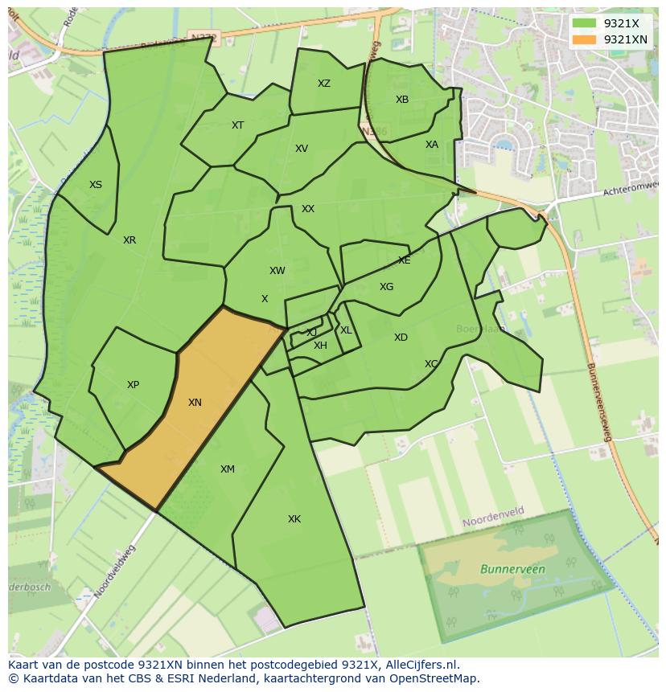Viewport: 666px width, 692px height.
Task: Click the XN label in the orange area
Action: coord(195,403)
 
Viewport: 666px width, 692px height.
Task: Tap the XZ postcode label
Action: coord(323,84)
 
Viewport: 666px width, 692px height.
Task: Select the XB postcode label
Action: coord(402,100)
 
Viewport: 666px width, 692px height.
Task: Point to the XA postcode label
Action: coord(432,145)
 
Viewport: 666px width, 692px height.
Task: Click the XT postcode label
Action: coord(237,125)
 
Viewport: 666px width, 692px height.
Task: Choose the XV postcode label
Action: coord(302,149)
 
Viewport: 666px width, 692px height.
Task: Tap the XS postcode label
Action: coord(96,185)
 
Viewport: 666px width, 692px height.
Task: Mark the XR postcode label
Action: coord(129,240)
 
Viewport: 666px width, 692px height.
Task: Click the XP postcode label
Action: coord(133,385)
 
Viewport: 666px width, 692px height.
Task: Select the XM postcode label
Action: coord(228,469)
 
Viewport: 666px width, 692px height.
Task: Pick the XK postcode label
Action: coord(294,519)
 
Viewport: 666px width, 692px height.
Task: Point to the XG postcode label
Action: coord(386,287)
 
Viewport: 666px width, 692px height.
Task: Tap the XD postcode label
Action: coord(401,338)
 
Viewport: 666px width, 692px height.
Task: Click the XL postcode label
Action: coord(346,330)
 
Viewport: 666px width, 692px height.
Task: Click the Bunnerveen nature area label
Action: coord(512,569)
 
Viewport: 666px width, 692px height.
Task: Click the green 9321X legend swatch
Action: coord(584,23)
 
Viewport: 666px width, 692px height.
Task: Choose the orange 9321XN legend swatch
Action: coord(584,39)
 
